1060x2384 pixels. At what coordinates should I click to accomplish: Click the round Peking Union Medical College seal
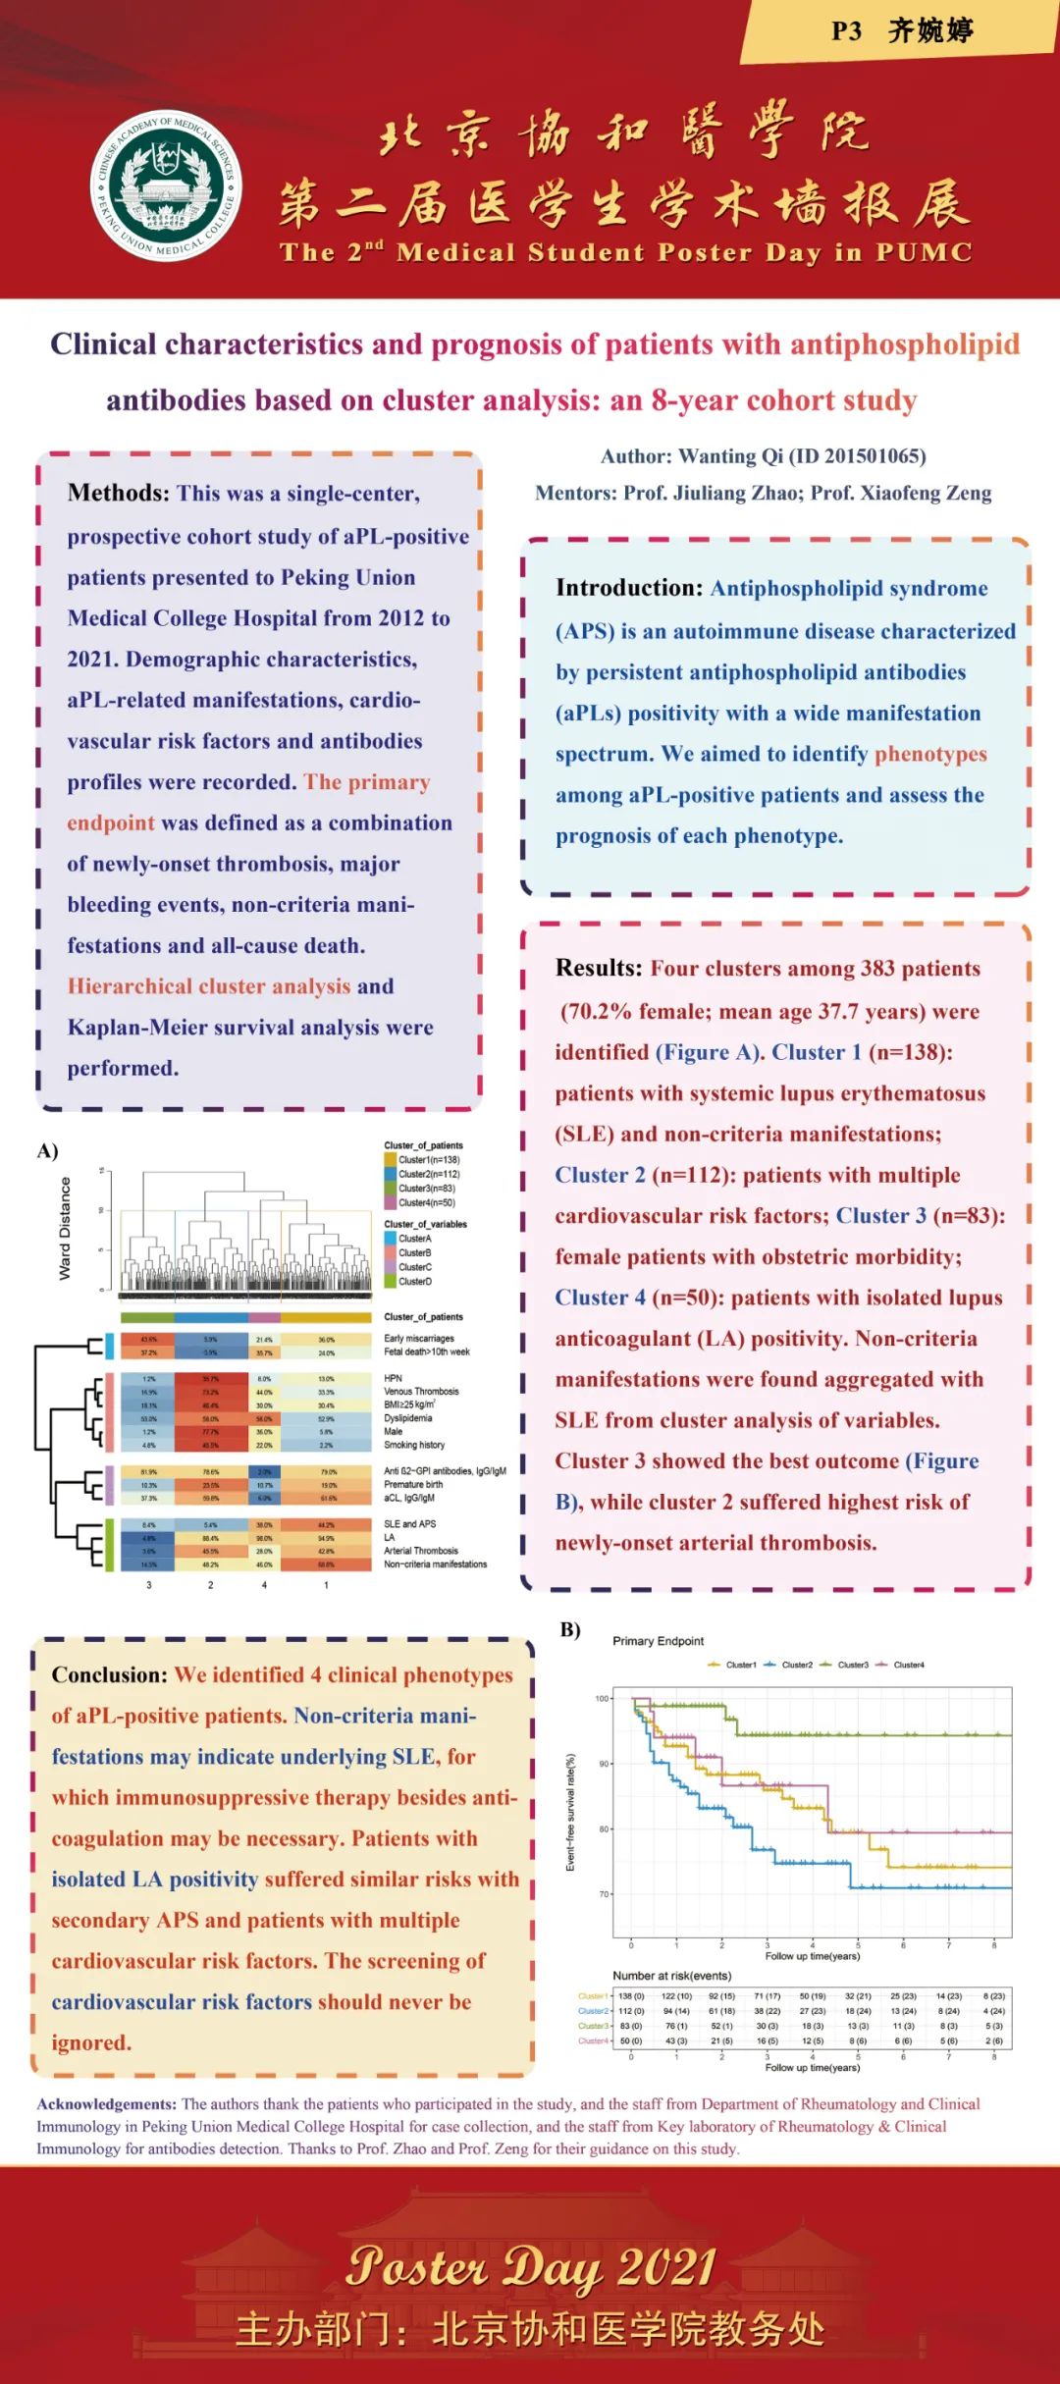point(167,184)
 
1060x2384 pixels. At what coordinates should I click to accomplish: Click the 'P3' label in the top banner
point(846,31)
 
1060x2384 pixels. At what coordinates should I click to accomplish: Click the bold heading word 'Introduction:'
point(629,588)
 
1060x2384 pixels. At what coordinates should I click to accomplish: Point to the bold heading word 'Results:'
point(599,968)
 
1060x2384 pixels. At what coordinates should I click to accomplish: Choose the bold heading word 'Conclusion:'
point(110,1674)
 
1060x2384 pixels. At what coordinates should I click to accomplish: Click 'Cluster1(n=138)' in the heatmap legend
point(428,1160)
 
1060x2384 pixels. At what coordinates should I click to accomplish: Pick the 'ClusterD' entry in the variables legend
point(414,1282)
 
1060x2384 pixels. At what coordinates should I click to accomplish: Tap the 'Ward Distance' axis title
point(66,1228)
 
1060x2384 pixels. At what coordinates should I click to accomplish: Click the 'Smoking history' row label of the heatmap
point(414,1445)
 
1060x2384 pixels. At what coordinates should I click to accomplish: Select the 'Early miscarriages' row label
point(419,1339)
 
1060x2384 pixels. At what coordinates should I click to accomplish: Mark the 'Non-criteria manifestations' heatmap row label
point(435,1564)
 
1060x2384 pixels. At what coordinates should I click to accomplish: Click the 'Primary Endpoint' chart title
point(658,1641)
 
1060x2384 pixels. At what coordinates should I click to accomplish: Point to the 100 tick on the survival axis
point(602,1698)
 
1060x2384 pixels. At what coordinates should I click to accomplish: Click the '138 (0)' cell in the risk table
point(631,1996)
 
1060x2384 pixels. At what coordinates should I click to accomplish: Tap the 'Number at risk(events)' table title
point(671,1976)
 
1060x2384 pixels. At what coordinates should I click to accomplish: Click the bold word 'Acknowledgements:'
point(107,2103)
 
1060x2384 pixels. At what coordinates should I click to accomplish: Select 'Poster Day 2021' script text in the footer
point(530,2266)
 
